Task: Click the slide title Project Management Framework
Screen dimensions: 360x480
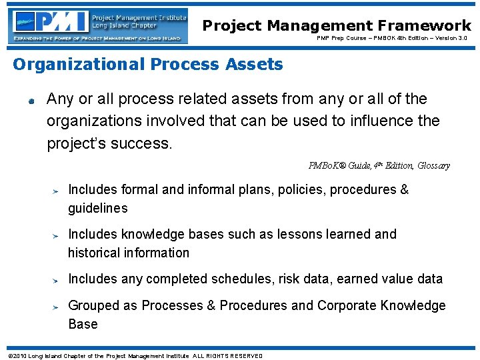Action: (337, 25)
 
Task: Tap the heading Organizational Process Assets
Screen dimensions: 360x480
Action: (148, 65)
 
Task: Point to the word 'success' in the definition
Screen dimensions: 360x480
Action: (143, 143)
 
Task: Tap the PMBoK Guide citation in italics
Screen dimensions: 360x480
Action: (379, 165)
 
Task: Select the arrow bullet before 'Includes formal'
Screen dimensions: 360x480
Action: (57, 191)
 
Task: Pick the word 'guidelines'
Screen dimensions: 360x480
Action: (97, 209)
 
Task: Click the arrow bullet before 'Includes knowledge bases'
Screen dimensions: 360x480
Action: (57, 236)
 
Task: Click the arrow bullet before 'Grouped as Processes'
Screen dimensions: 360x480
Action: (57, 307)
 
